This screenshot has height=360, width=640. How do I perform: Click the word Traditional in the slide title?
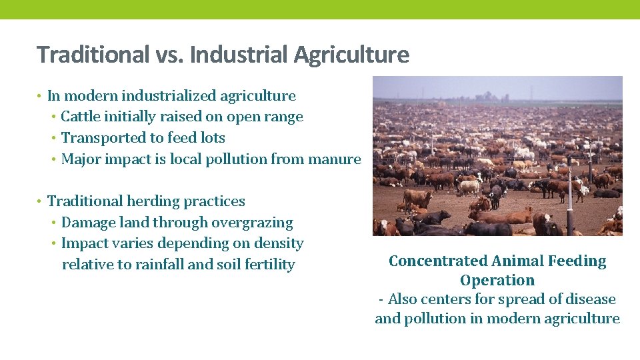tap(93, 55)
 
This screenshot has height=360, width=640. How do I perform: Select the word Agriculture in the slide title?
tap(352, 55)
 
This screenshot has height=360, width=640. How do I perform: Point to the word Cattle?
tap(80, 117)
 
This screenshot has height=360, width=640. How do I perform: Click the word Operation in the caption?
tap(497, 280)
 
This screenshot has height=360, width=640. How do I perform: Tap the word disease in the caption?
tap(587, 299)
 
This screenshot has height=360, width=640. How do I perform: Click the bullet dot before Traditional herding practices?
tap(39, 202)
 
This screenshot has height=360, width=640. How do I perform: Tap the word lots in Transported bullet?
tap(213, 138)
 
